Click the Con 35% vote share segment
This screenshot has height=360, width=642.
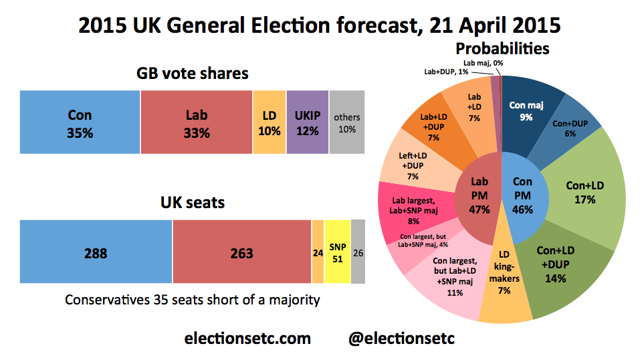tap(80, 123)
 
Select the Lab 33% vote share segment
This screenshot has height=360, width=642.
tap(197, 123)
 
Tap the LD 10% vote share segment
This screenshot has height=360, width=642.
tap(270, 123)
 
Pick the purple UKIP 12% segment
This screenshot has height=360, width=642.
tap(307, 123)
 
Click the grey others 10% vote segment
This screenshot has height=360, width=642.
tap(346, 123)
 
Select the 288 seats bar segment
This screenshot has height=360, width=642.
tap(96, 253)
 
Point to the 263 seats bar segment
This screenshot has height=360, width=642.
tap(242, 253)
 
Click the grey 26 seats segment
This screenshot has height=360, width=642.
tap(358, 253)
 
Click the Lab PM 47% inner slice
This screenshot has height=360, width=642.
tap(479, 195)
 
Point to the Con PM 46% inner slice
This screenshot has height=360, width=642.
tap(523, 195)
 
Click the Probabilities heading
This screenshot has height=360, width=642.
tap(502, 48)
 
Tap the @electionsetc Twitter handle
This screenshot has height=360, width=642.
tap(401, 339)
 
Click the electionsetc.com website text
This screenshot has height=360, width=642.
tap(247, 339)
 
